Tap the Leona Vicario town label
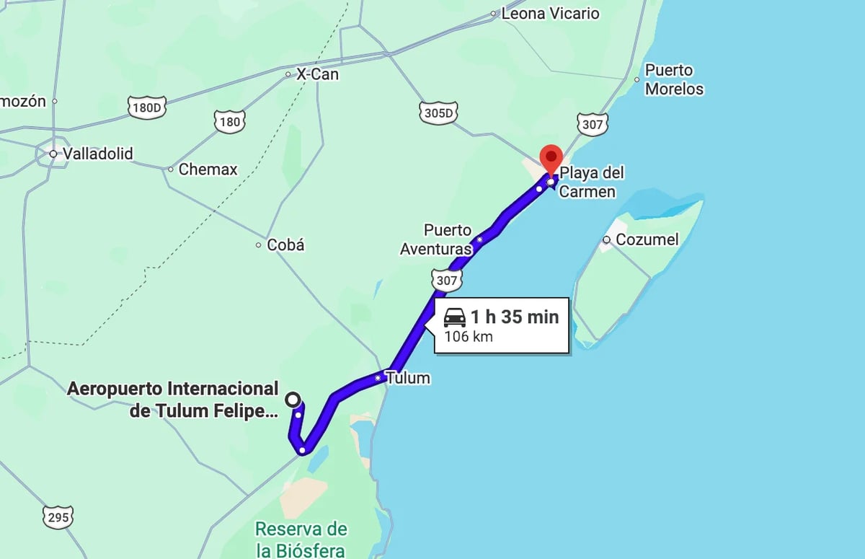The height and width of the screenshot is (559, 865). tap(550, 13)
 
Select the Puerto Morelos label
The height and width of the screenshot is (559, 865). tap(673, 79)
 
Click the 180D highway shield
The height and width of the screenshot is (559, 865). tap(148, 108)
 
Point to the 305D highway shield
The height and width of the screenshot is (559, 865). tap(439, 113)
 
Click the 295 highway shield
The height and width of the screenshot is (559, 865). tap(58, 517)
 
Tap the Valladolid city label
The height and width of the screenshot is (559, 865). tap(97, 154)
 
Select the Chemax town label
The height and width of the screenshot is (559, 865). tap(208, 170)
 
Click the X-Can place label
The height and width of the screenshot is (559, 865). tap(317, 74)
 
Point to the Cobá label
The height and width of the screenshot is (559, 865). tap(285, 245)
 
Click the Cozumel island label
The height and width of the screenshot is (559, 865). tap(647, 239)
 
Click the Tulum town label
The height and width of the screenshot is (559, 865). tap(407, 377)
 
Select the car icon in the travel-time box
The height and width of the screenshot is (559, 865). tap(454, 317)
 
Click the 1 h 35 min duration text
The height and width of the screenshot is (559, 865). tap(515, 317)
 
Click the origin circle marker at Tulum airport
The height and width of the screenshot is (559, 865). tap(293, 399)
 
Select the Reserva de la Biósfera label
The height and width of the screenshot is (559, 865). tap(301, 539)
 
